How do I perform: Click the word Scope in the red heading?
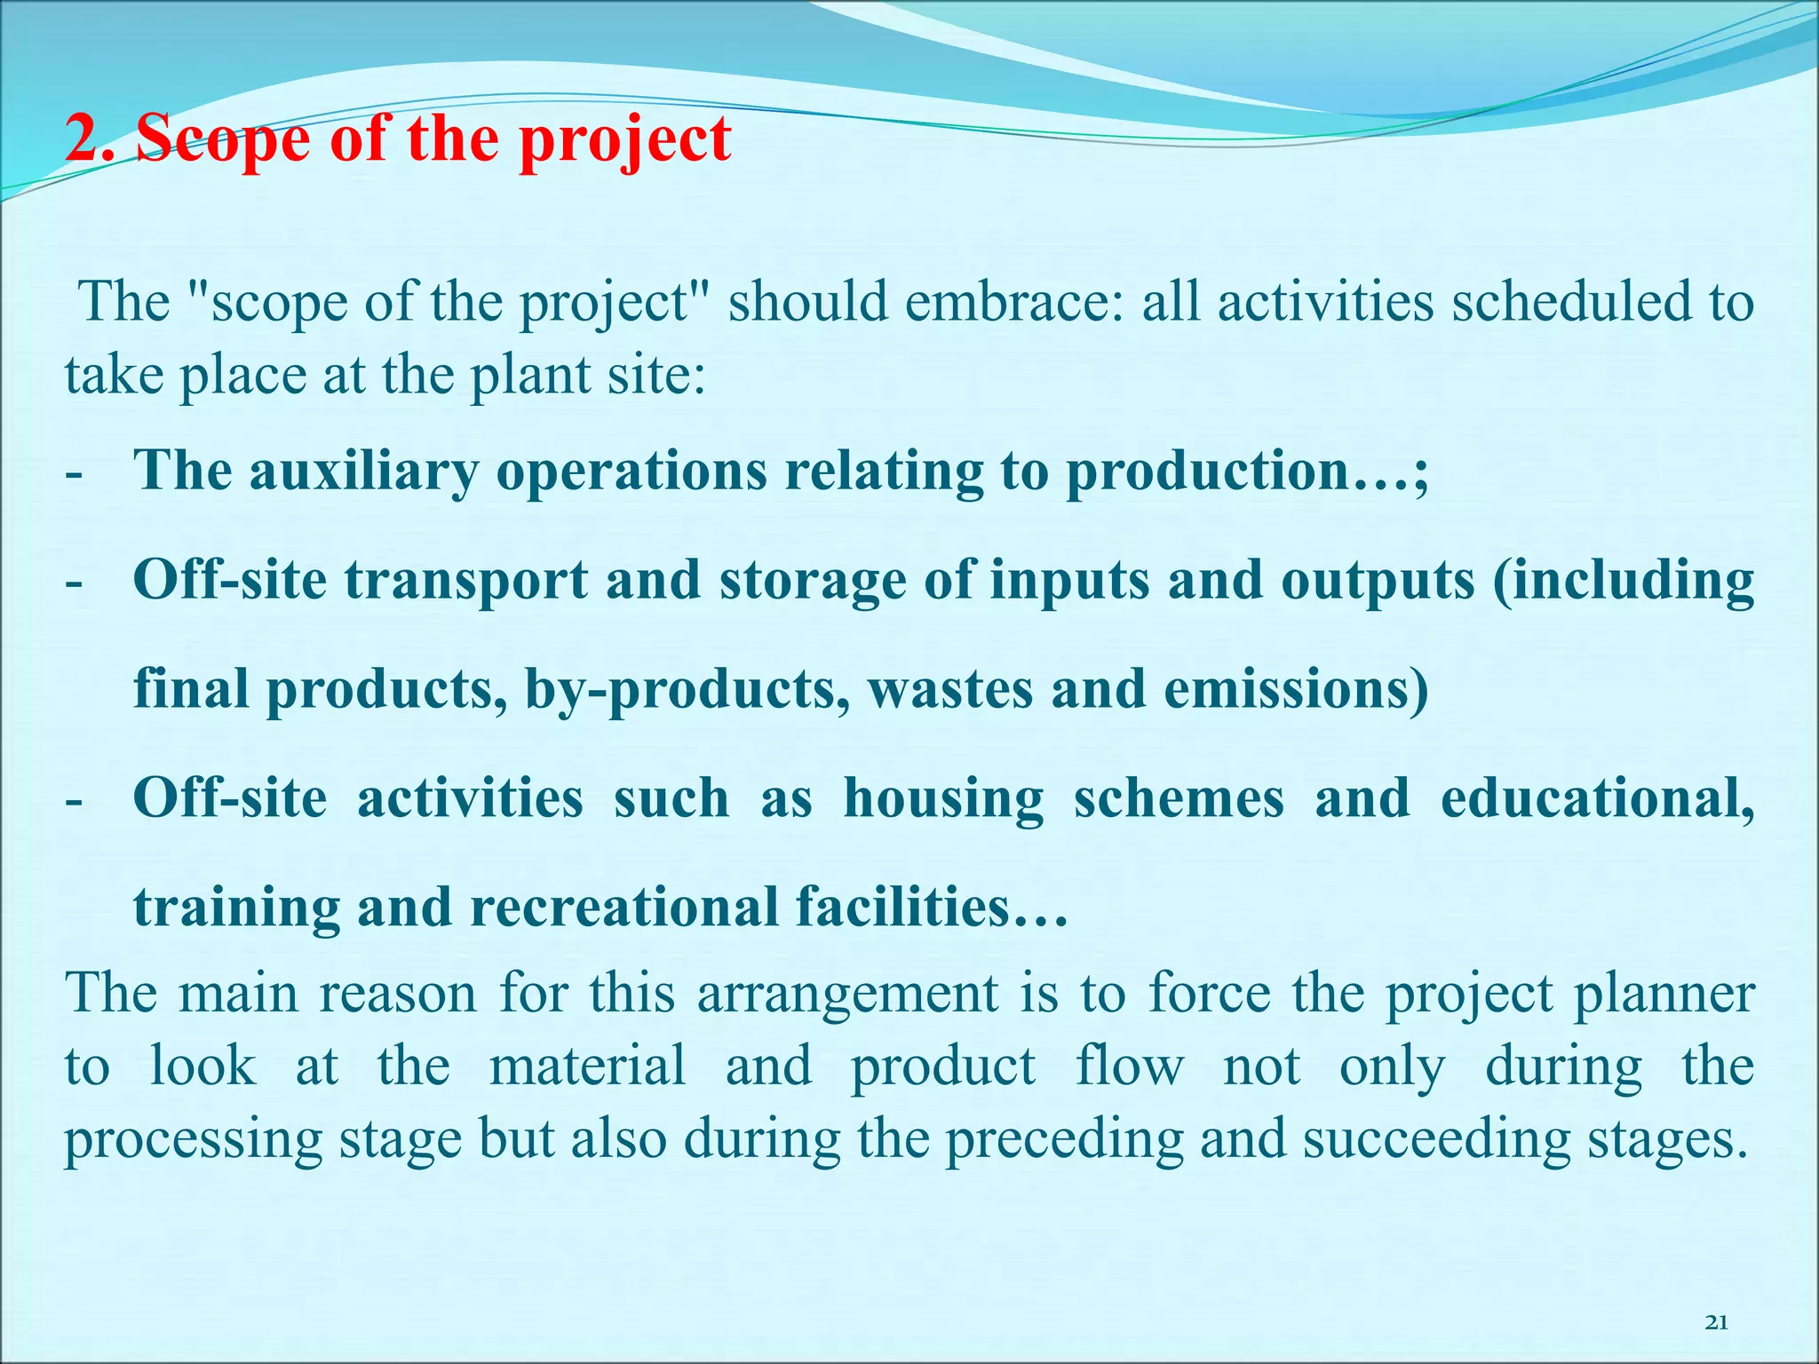click(x=223, y=140)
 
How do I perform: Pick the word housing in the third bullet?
click(x=943, y=798)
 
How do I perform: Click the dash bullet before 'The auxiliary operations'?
click(x=74, y=473)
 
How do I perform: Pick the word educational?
click(x=1597, y=798)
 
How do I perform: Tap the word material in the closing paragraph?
click(x=587, y=1067)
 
